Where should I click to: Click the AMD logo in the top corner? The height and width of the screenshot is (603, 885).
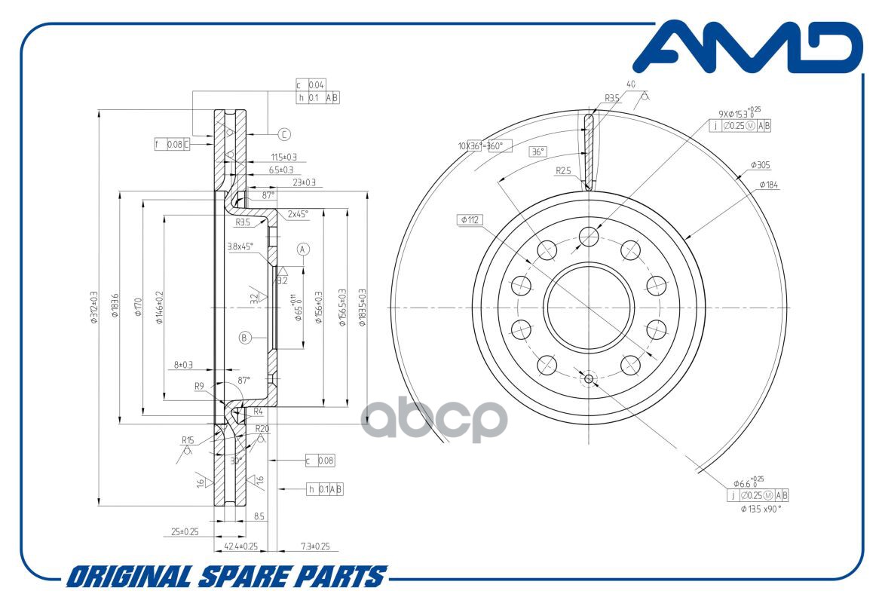point(746,49)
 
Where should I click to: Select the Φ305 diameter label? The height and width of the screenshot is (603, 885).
point(760,164)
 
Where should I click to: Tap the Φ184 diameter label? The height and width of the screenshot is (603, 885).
point(769,184)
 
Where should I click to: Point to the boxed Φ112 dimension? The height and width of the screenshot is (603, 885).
point(470,220)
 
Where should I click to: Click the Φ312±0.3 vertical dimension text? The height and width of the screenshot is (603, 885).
point(94,308)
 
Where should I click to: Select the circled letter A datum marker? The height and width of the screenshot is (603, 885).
point(303,249)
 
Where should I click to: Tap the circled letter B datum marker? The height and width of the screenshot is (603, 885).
point(244,338)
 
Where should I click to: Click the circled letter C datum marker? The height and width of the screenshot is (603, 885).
point(283,135)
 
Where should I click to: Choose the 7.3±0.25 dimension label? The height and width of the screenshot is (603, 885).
point(315,546)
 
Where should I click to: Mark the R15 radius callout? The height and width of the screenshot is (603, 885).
point(188,439)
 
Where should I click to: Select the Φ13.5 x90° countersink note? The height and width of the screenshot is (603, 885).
point(761,509)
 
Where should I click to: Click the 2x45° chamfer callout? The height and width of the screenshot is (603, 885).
point(297,213)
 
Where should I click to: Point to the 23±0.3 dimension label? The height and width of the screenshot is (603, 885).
point(304,182)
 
